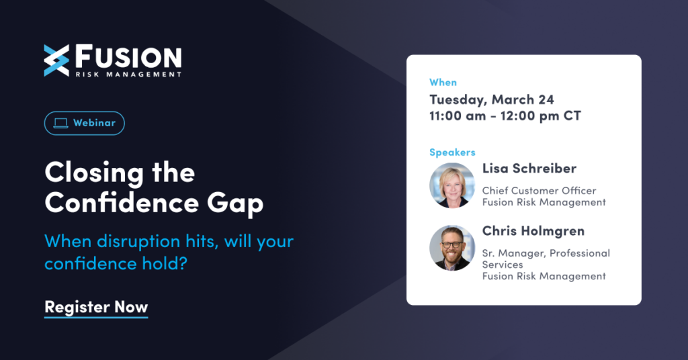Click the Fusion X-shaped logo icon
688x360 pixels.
pyautogui.click(x=56, y=60)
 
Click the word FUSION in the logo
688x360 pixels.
pyautogui.click(x=128, y=56)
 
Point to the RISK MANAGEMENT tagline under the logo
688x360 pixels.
pyautogui.click(x=128, y=75)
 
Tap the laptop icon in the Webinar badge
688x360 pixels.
pyautogui.click(x=60, y=123)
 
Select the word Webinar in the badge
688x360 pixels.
pyautogui.click(x=94, y=123)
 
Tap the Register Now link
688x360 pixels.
pyautogui.click(x=96, y=307)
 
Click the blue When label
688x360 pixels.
pyautogui.click(x=443, y=83)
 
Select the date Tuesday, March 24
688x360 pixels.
pyautogui.click(x=492, y=99)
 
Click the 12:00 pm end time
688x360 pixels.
pyautogui.click(x=529, y=116)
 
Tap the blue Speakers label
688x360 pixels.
pyautogui.click(x=452, y=152)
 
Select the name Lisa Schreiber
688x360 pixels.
pyautogui.click(x=529, y=169)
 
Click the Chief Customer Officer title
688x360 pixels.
pyautogui.click(x=539, y=191)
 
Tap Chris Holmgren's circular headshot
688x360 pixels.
pyautogui.click(x=452, y=248)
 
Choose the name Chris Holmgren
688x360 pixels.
pyautogui.click(x=533, y=231)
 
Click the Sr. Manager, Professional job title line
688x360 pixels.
pyautogui.click(x=546, y=253)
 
